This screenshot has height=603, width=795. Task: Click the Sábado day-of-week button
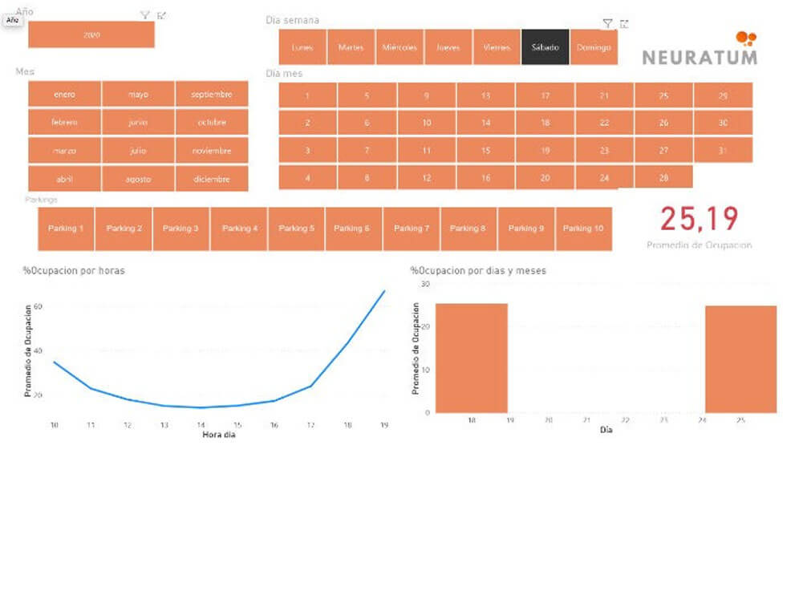pyautogui.click(x=545, y=47)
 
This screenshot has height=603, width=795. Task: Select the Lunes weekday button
pyautogui.click(x=302, y=47)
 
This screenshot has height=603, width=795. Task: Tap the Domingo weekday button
pyautogui.click(x=594, y=47)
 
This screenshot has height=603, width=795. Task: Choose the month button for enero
pyautogui.click(x=64, y=94)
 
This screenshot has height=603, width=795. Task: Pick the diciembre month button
pyautogui.click(x=212, y=179)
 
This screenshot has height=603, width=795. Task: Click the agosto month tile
pyautogui.click(x=138, y=179)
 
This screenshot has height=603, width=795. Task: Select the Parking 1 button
pyautogui.click(x=66, y=229)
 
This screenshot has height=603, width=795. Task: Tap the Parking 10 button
pyautogui.click(x=583, y=229)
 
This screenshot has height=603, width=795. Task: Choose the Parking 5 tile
pyautogui.click(x=297, y=229)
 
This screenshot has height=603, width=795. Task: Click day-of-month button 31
pyautogui.click(x=723, y=150)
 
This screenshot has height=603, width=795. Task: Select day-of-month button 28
pyautogui.click(x=663, y=177)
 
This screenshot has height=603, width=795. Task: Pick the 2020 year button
pyautogui.click(x=91, y=35)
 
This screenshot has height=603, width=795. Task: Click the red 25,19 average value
pyautogui.click(x=699, y=218)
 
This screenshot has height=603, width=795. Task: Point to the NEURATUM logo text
pyautogui.click(x=699, y=57)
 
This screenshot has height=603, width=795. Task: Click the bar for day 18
pyautogui.click(x=471, y=358)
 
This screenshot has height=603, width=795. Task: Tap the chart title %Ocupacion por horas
pyautogui.click(x=74, y=271)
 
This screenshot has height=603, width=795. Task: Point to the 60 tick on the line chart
pyautogui.click(x=37, y=306)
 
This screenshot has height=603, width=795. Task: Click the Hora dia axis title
pyautogui.click(x=218, y=435)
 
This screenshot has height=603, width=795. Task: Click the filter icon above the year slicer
pyautogui.click(x=144, y=15)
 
